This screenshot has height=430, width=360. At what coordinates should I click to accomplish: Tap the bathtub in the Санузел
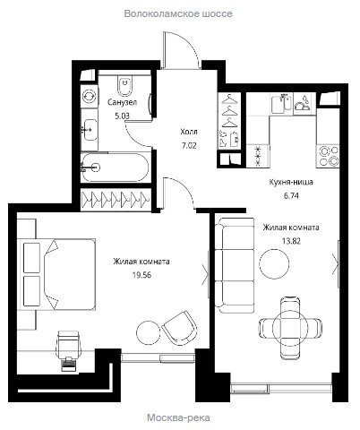pyautogui.click(x=116, y=167)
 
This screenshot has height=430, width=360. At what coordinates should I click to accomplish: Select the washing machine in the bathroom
pyautogui.click(x=90, y=96)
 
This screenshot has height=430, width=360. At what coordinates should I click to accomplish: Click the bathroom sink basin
pyautogui.click(x=90, y=130)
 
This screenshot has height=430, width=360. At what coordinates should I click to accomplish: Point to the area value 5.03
pyautogui.click(x=123, y=116)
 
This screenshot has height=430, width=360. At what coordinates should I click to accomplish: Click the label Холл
pyautogui.click(x=189, y=132)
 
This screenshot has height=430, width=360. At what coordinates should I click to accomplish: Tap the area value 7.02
pyautogui.click(x=189, y=145)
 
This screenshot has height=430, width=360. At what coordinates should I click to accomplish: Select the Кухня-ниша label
pyautogui.click(x=291, y=182)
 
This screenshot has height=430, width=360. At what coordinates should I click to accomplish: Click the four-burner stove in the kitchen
pyautogui.click(x=329, y=156)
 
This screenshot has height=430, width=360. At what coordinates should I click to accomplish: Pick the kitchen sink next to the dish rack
pyautogui.click(x=281, y=103)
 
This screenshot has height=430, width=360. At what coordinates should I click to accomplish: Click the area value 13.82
pyautogui.click(x=291, y=241)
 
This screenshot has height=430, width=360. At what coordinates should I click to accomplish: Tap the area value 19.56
pyautogui.click(x=141, y=275)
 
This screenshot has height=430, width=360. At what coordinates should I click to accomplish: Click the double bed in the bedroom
pyautogui.click(x=56, y=274)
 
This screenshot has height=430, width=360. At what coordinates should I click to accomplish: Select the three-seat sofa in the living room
pyautogui.click(x=235, y=265)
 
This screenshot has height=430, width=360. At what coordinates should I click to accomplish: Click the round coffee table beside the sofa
pyautogui.click(x=274, y=263)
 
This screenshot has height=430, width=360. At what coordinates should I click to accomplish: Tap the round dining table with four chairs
pyautogui.click(x=290, y=328)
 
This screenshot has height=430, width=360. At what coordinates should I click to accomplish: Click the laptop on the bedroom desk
pyautogui.click(x=69, y=364)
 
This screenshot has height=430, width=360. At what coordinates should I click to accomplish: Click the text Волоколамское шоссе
pyautogui.click(x=178, y=13)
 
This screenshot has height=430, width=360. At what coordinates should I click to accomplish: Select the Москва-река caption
pyautogui.click(x=178, y=417)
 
